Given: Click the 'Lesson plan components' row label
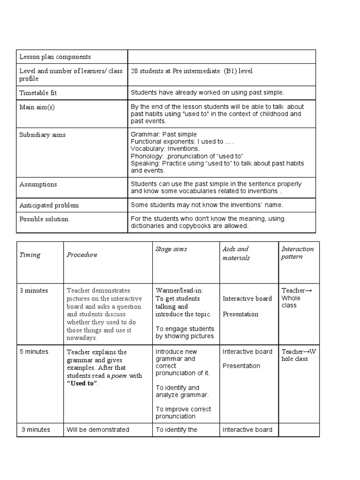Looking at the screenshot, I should click(55, 57).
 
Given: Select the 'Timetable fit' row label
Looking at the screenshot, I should click(38, 93).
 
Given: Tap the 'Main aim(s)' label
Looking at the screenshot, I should click(37, 107).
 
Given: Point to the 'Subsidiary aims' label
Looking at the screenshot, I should click(43, 135).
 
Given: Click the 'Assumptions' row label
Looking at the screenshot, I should click(38, 184).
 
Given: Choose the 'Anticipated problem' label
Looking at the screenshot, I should click(49, 205).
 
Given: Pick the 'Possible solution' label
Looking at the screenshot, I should click(44, 219).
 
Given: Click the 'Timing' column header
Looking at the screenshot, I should click(30, 255).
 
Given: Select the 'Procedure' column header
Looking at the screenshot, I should click(82, 255).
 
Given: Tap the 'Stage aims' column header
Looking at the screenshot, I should click(171, 249).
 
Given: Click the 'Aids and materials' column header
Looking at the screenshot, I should click(236, 253).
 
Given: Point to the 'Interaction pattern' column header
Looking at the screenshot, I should click(297, 253).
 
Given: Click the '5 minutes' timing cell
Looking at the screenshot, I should click(34, 352).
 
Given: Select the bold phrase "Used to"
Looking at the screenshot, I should click(82, 383).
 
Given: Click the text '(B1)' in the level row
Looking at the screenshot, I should click(230, 71).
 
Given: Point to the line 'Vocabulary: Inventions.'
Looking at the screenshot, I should click(165, 149).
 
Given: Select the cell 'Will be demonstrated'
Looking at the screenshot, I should click(97, 430).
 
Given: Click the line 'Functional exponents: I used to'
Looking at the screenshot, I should click(182, 142).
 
